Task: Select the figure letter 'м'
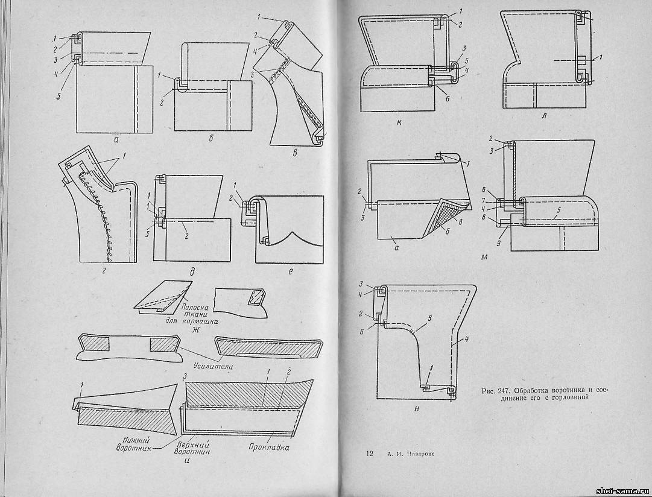point(501,258)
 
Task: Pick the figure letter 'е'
point(291,272)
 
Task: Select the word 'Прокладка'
point(268,448)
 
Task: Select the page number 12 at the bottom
point(369,454)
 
